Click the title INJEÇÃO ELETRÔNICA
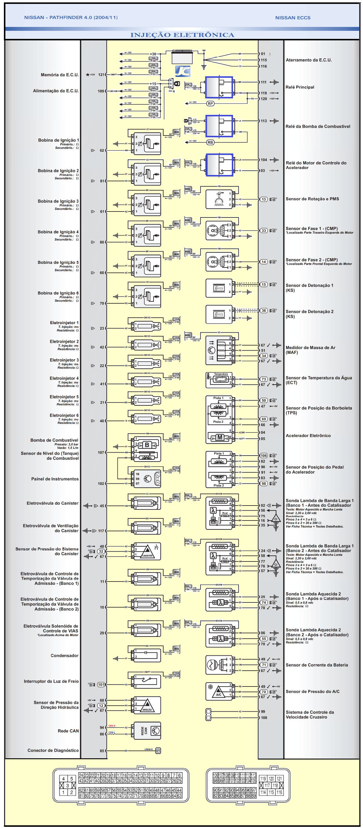click(x=182, y=35)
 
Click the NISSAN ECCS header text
click(x=293, y=18)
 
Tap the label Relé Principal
click(x=300, y=87)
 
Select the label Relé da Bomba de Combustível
click(x=317, y=126)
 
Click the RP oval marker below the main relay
click(x=210, y=103)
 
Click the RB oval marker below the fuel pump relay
click(x=210, y=142)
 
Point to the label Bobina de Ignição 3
click(x=58, y=201)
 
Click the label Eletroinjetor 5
click(x=64, y=397)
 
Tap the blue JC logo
click(x=182, y=71)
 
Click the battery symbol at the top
click(x=182, y=57)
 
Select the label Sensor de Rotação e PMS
click(x=312, y=199)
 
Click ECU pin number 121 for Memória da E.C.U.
click(x=101, y=74)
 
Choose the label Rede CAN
click(x=68, y=730)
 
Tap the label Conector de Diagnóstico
click(x=53, y=750)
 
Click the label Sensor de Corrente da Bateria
click(x=317, y=665)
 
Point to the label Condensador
click(x=64, y=655)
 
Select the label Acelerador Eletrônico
click(x=308, y=436)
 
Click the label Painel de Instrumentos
click(x=55, y=479)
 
